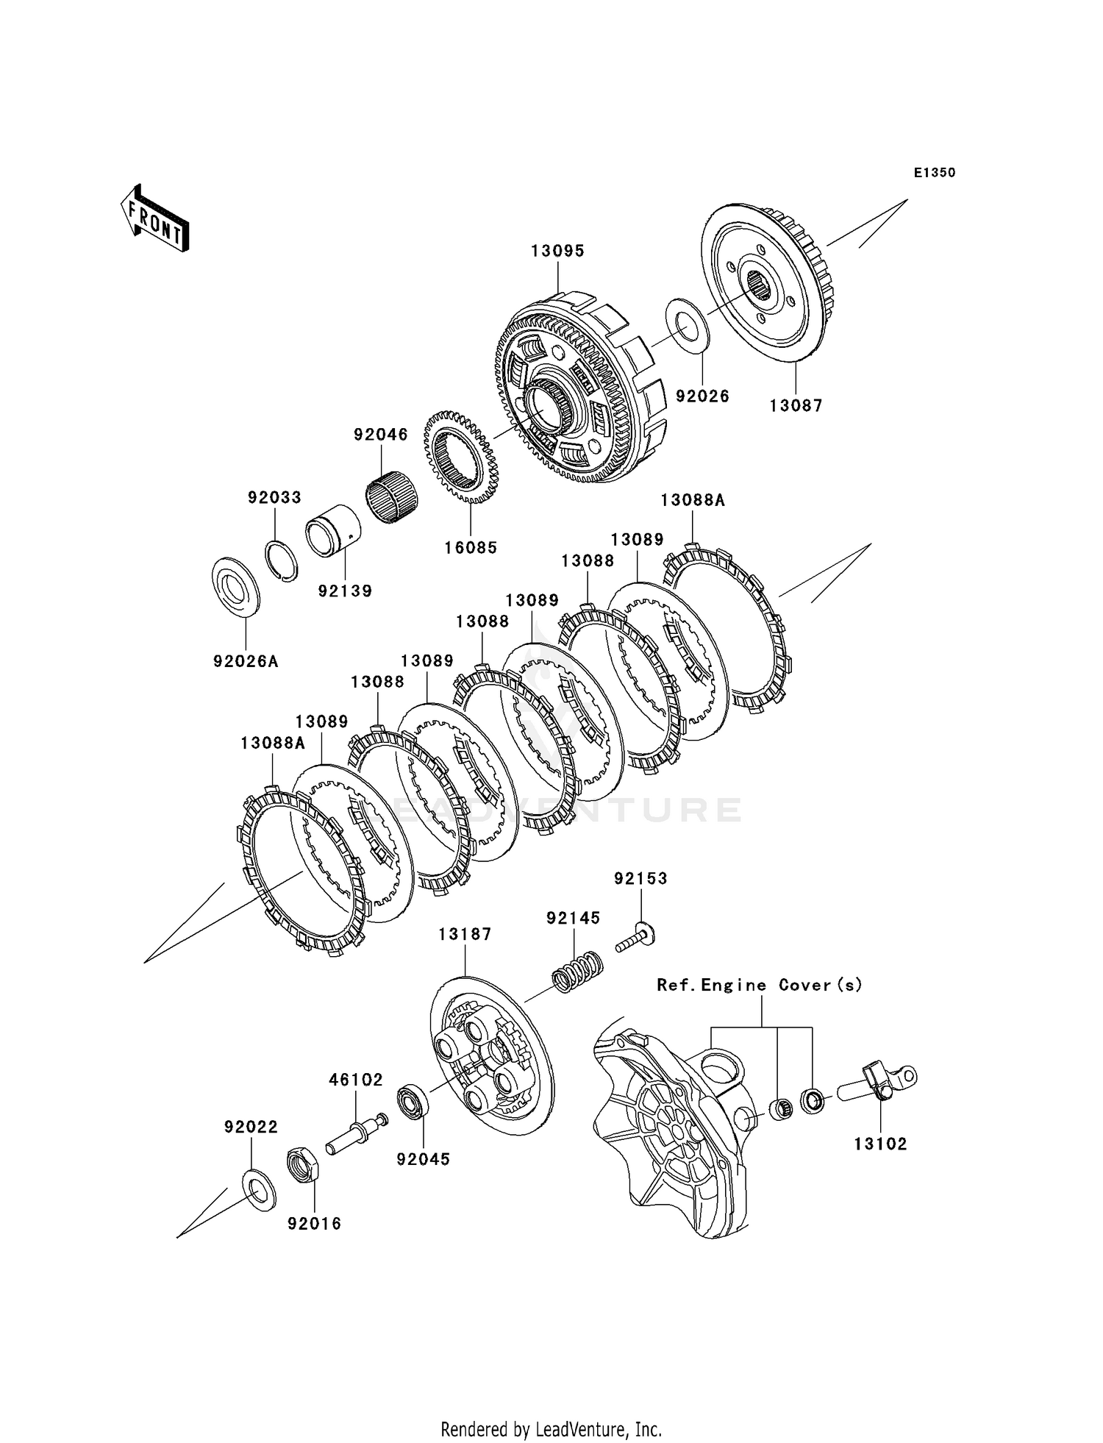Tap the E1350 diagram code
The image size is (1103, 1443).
click(935, 173)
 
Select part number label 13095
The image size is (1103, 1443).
click(558, 252)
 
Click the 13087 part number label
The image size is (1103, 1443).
click(796, 405)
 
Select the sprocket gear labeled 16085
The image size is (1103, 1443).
click(461, 457)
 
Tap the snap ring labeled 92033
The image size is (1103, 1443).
click(282, 561)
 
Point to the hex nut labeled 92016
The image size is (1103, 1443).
click(302, 1164)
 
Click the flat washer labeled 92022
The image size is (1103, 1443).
click(259, 1187)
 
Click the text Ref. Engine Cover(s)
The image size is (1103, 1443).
click(760, 985)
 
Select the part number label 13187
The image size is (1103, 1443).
click(465, 934)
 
